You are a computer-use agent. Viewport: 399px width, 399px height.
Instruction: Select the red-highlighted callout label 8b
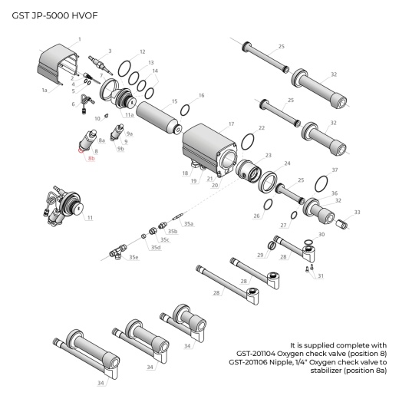(91, 159)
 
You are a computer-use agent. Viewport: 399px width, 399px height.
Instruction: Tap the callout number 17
(231, 123)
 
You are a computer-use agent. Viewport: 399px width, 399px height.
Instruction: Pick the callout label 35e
(134, 258)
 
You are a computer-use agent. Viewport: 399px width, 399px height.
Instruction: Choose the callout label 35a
(188, 223)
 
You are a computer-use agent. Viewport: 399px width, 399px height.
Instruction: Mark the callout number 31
(321, 275)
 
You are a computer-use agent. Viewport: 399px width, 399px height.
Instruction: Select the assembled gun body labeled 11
(67, 206)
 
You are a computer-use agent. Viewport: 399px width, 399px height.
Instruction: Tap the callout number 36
(334, 193)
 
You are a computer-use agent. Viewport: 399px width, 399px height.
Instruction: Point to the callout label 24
(287, 163)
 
